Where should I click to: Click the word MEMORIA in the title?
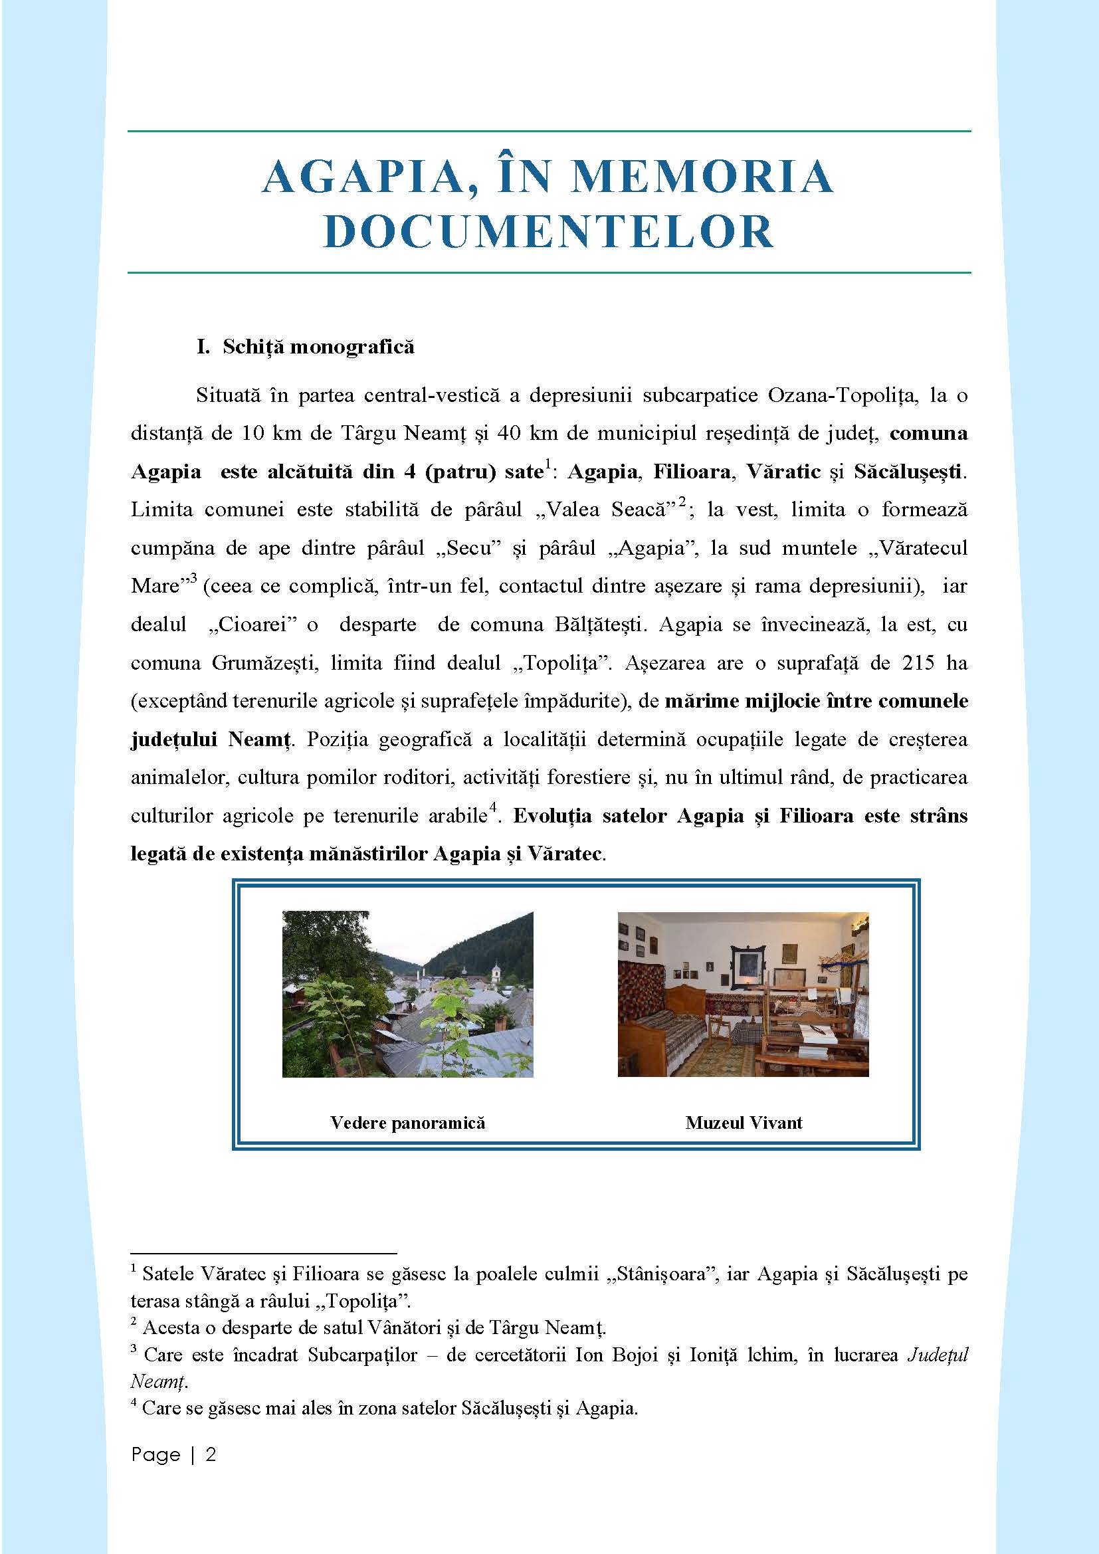click(x=702, y=177)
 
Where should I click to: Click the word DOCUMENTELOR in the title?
click(x=549, y=231)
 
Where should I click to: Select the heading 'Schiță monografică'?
click(x=318, y=347)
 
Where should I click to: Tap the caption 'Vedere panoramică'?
click(x=407, y=1123)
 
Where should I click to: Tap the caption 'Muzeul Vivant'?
click(x=743, y=1123)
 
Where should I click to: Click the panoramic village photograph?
click(x=407, y=995)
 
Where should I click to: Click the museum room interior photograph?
click(x=743, y=995)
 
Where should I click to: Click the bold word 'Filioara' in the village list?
click(x=692, y=472)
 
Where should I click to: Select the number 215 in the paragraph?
click(x=918, y=662)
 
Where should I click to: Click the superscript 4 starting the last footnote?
click(x=134, y=1403)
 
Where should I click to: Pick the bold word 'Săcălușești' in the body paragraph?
click(x=907, y=472)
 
